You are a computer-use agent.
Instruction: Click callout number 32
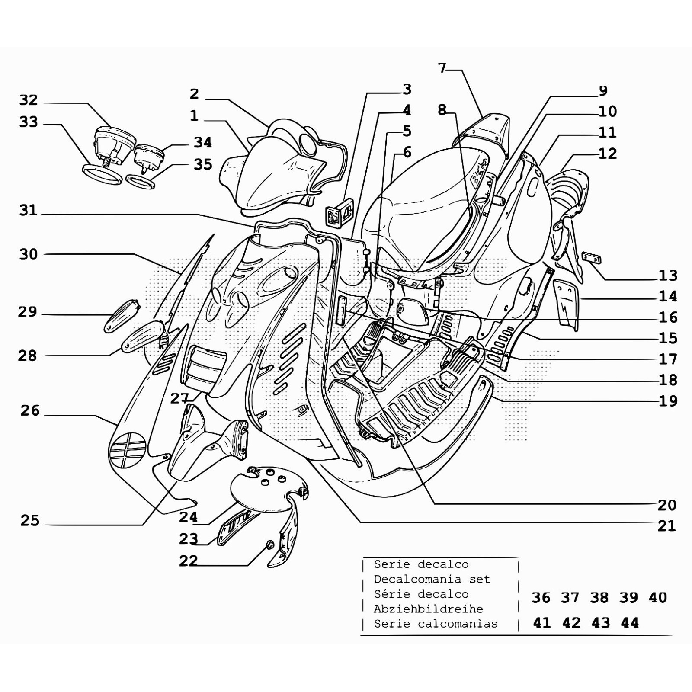point(29,100)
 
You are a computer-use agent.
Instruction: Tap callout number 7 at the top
point(442,68)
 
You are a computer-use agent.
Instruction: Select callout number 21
point(666,526)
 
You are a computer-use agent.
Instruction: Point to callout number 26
point(30,410)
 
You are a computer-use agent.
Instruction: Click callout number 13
point(668,276)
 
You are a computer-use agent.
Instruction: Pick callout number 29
point(27,312)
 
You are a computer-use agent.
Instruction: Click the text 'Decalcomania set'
point(432,579)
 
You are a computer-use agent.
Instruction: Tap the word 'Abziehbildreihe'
point(428,609)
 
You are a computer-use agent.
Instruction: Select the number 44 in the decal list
point(629,623)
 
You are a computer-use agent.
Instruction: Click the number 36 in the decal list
point(541,598)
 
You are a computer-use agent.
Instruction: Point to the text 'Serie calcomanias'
point(436,624)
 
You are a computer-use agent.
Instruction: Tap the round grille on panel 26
point(127,449)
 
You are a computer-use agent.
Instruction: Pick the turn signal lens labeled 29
point(122,316)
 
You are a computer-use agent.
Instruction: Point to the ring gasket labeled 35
point(140,181)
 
